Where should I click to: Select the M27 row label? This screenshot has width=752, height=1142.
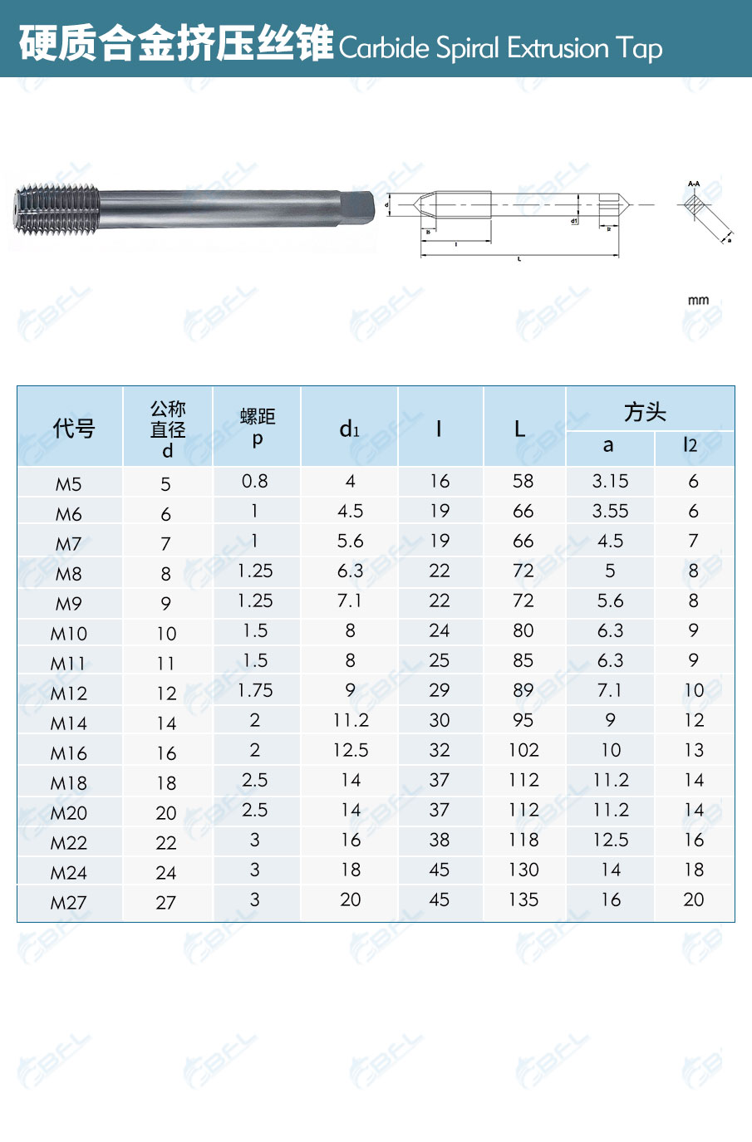68,903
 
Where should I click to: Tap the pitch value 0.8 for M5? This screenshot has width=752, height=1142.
255,482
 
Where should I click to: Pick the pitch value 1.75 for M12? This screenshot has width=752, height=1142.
255,691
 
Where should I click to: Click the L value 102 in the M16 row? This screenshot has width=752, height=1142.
523,751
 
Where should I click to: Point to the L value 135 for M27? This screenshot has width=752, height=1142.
523,900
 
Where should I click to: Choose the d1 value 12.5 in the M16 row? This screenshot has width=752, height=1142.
351,751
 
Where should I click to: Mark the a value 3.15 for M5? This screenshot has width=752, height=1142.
610,482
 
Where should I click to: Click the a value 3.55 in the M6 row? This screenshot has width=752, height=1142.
610,512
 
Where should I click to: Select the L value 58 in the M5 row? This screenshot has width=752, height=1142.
523,482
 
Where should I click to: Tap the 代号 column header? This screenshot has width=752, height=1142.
73,429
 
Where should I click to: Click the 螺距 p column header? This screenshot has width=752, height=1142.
257,426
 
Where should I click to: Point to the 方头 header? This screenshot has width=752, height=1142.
645,412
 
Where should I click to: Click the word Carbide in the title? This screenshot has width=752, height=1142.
384,48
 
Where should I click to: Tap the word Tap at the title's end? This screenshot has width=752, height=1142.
639,48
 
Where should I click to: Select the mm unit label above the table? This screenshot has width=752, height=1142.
698,300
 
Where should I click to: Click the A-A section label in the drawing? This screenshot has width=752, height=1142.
694,184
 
